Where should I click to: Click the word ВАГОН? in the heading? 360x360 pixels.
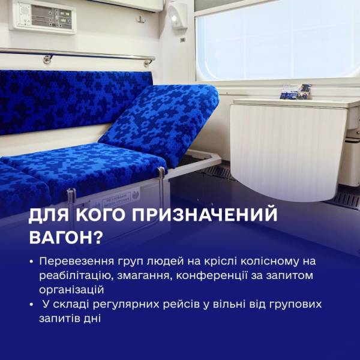coord(65,236)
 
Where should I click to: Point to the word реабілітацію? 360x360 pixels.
coord(76,276)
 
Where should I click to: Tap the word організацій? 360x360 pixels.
coord(71,290)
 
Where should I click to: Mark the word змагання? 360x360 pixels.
coord(144,276)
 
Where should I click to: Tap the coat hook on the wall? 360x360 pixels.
coord(141,19)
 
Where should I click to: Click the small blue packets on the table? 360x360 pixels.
coord(296,92)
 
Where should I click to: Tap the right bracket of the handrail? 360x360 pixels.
coord(149,62)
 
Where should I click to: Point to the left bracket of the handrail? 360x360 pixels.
coord(47,59)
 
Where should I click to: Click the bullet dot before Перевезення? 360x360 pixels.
coord(31,262)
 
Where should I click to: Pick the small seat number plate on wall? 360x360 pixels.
coord(183,40)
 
